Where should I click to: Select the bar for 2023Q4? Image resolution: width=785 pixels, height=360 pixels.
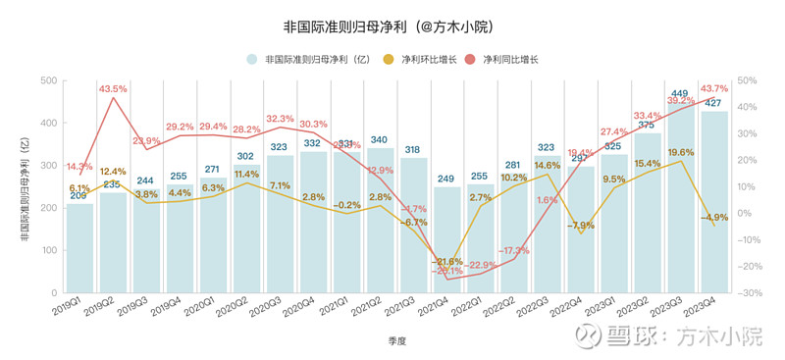point(713,201)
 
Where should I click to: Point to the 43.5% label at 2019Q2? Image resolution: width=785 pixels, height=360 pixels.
point(115,89)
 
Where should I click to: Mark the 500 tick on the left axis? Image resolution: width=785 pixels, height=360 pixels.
point(47,80)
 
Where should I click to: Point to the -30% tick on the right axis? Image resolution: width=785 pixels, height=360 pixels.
point(749,292)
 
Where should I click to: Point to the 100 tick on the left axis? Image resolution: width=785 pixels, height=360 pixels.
point(47,250)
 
